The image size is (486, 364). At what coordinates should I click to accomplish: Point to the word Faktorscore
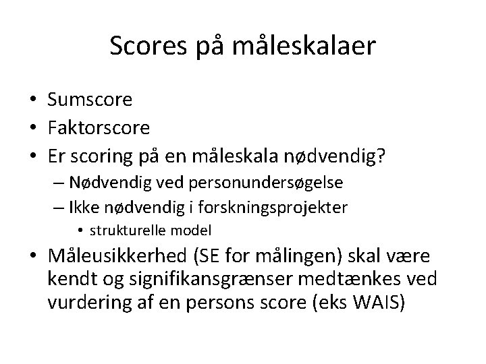[99, 126]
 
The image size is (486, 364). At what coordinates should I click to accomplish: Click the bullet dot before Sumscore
[32, 100]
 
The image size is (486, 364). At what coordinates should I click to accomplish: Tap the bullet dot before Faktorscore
[32, 127]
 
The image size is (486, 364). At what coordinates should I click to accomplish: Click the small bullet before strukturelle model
[80, 231]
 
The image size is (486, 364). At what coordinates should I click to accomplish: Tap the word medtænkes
[358, 279]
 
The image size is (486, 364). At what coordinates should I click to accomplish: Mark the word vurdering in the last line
[86, 302]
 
